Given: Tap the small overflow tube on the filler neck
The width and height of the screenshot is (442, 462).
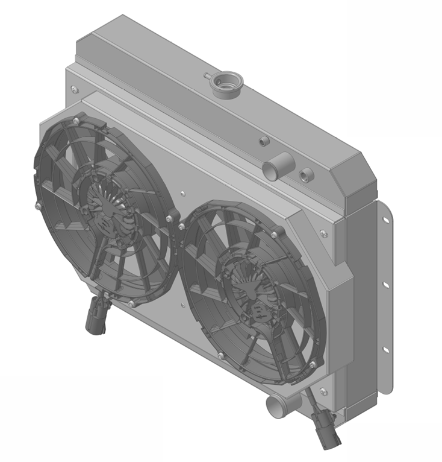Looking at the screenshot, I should coord(208,76).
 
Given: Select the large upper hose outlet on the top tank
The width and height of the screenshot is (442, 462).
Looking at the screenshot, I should coord(278,166).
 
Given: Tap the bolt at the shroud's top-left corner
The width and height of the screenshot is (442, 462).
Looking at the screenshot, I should coord(74,90).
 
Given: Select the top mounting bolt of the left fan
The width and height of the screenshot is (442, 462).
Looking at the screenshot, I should coord(75,122).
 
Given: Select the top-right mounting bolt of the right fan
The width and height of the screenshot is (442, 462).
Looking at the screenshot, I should coord(275,235).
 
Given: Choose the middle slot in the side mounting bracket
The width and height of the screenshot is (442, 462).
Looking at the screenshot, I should coord(385,283).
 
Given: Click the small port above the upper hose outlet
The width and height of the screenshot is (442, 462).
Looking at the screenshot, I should coord(263,142).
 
